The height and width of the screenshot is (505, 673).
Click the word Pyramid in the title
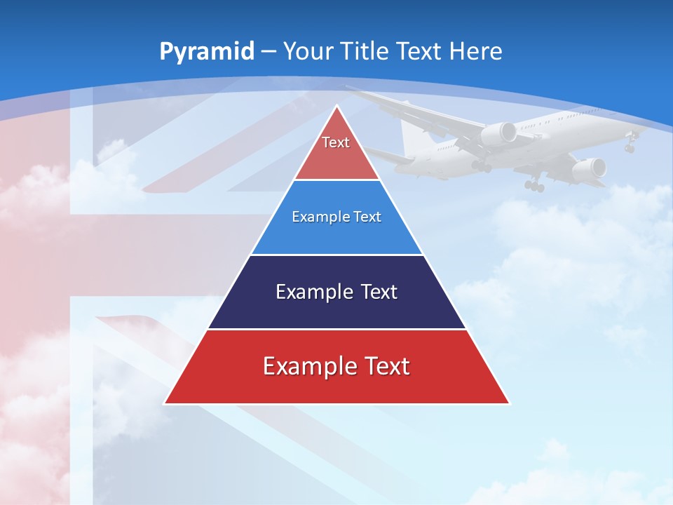click(206, 52)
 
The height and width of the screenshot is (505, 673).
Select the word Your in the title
click(310, 51)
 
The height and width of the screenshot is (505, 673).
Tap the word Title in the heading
click(367, 51)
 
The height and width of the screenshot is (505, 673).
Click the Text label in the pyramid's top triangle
click(336, 142)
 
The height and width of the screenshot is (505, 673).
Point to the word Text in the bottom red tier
click(386, 366)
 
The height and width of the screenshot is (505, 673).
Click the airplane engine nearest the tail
click(499, 133)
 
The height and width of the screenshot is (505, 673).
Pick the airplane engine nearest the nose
click(590, 168)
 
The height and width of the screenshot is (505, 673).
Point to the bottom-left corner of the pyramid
click(164, 403)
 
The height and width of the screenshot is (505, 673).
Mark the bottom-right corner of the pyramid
click(510, 403)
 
